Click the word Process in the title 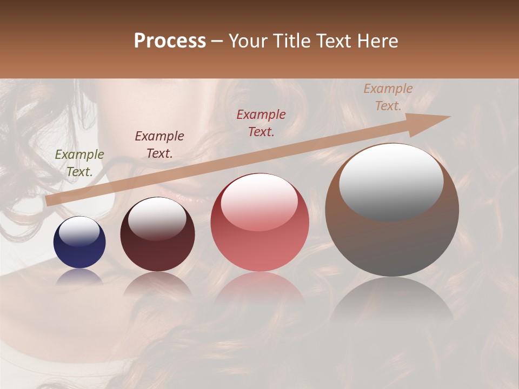pos(170,41)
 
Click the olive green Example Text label pos(79,163)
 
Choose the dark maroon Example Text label pos(159,145)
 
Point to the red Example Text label pos(261,123)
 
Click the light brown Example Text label pos(388,97)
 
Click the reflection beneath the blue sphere pos(79,277)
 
